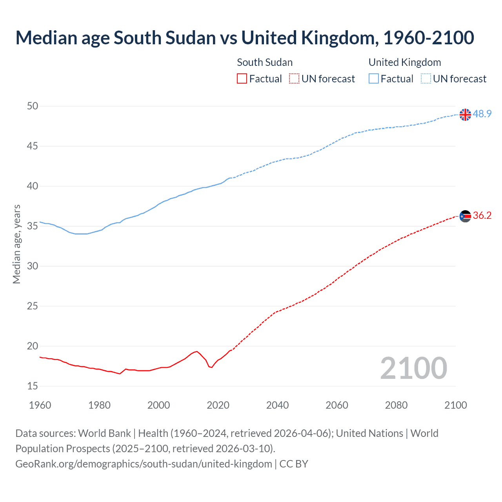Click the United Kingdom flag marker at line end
(x=465, y=115)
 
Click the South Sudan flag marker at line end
(x=465, y=216)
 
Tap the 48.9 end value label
(x=482, y=114)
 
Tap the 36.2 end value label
(x=482, y=215)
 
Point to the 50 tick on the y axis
(x=33, y=106)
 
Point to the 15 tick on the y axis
(x=33, y=386)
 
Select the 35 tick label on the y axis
(x=33, y=226)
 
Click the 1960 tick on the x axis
(x=40, y=405)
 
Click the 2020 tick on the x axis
(x=218, y=405)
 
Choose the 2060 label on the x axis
(x=337, y=405)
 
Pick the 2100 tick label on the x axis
(x=456, y=405)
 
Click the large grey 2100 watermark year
(x=413, y=368)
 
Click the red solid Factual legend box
(x=242, y=79)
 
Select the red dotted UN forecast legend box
(x=294, y=79)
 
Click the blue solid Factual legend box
(x=374, y=79)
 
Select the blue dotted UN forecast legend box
(x=426, y=79)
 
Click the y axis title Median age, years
(x=16, y=244)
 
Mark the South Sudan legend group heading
(x=265, y=62)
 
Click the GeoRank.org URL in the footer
(x=144, y=464)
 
